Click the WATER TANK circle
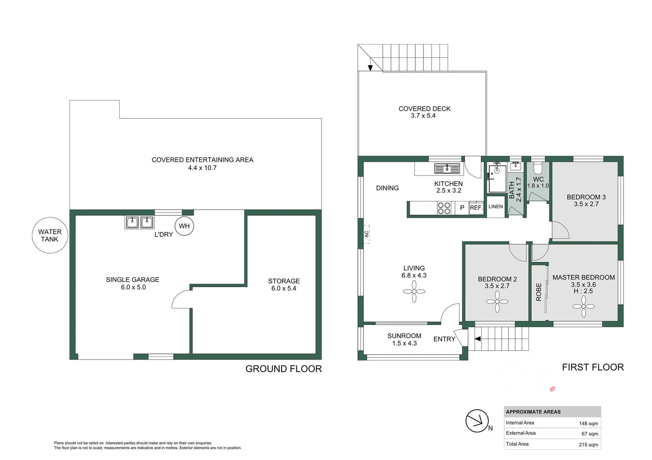[50, 236]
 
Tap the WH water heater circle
[184, 226]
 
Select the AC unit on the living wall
[366, 234]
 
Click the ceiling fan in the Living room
[414, 292]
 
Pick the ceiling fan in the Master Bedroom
[583, 307]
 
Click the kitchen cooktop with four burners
[444, 208]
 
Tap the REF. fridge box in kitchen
[476, 208]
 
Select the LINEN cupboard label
[495, 207]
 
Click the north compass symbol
[477, 421]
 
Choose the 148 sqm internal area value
[588, 423]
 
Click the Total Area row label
[517, 444]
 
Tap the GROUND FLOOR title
[284, 369]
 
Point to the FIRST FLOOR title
[592, 367]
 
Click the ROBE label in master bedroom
[538, 292]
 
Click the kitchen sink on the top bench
[447, 169]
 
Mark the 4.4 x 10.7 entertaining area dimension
[202, 168]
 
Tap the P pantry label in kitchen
[462, 208]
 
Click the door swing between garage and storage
[181, 299]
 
